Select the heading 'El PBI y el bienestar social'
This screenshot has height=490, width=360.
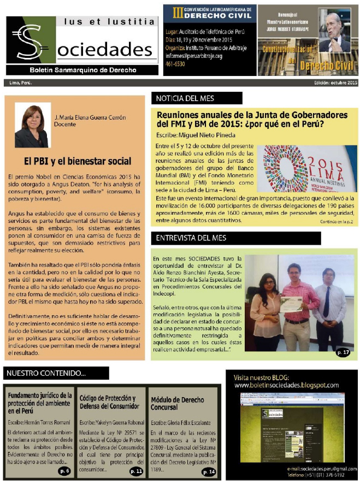click(x=78, y=161)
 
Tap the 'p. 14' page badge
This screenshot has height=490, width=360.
click(x=209, y=471)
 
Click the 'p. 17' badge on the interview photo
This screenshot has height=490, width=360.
click(x=344, y=352)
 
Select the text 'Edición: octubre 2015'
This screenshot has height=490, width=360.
click(x=335, y=82)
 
